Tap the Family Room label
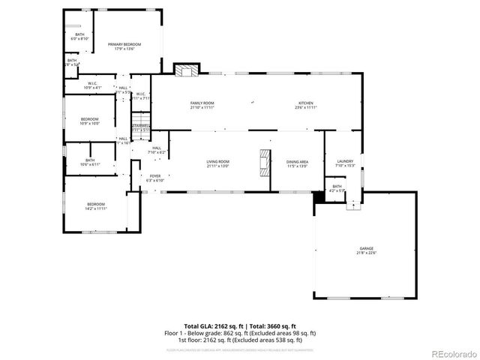pyautogui.click(x=202, y=104)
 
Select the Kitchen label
pyautogui.click(x=306, y=104)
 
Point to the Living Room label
pyautogui.click(x=217, y=163)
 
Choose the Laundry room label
pyautogui.click(x=345, y=163)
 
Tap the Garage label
pyautogui.click(x=366, y=250)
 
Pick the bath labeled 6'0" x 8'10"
pyautogui.click(x=79, y=36)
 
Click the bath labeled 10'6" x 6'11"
pyautogui.click(x=90, y=161)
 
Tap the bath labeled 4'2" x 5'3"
pyautogui.click(x=337, y=188)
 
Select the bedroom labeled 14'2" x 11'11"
pyautogui.click(x=96, y=206)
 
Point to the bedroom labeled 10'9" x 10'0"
pyautogui.click(x=90, y=121)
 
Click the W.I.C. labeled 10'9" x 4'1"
pyautogui.click(x=91, y=85)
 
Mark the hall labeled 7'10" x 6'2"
pyautogui.click(x=157, y=150)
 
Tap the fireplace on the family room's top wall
pyautogui.click(x=185, y=70)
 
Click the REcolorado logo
pyautogui.click(x=452, y=354)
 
